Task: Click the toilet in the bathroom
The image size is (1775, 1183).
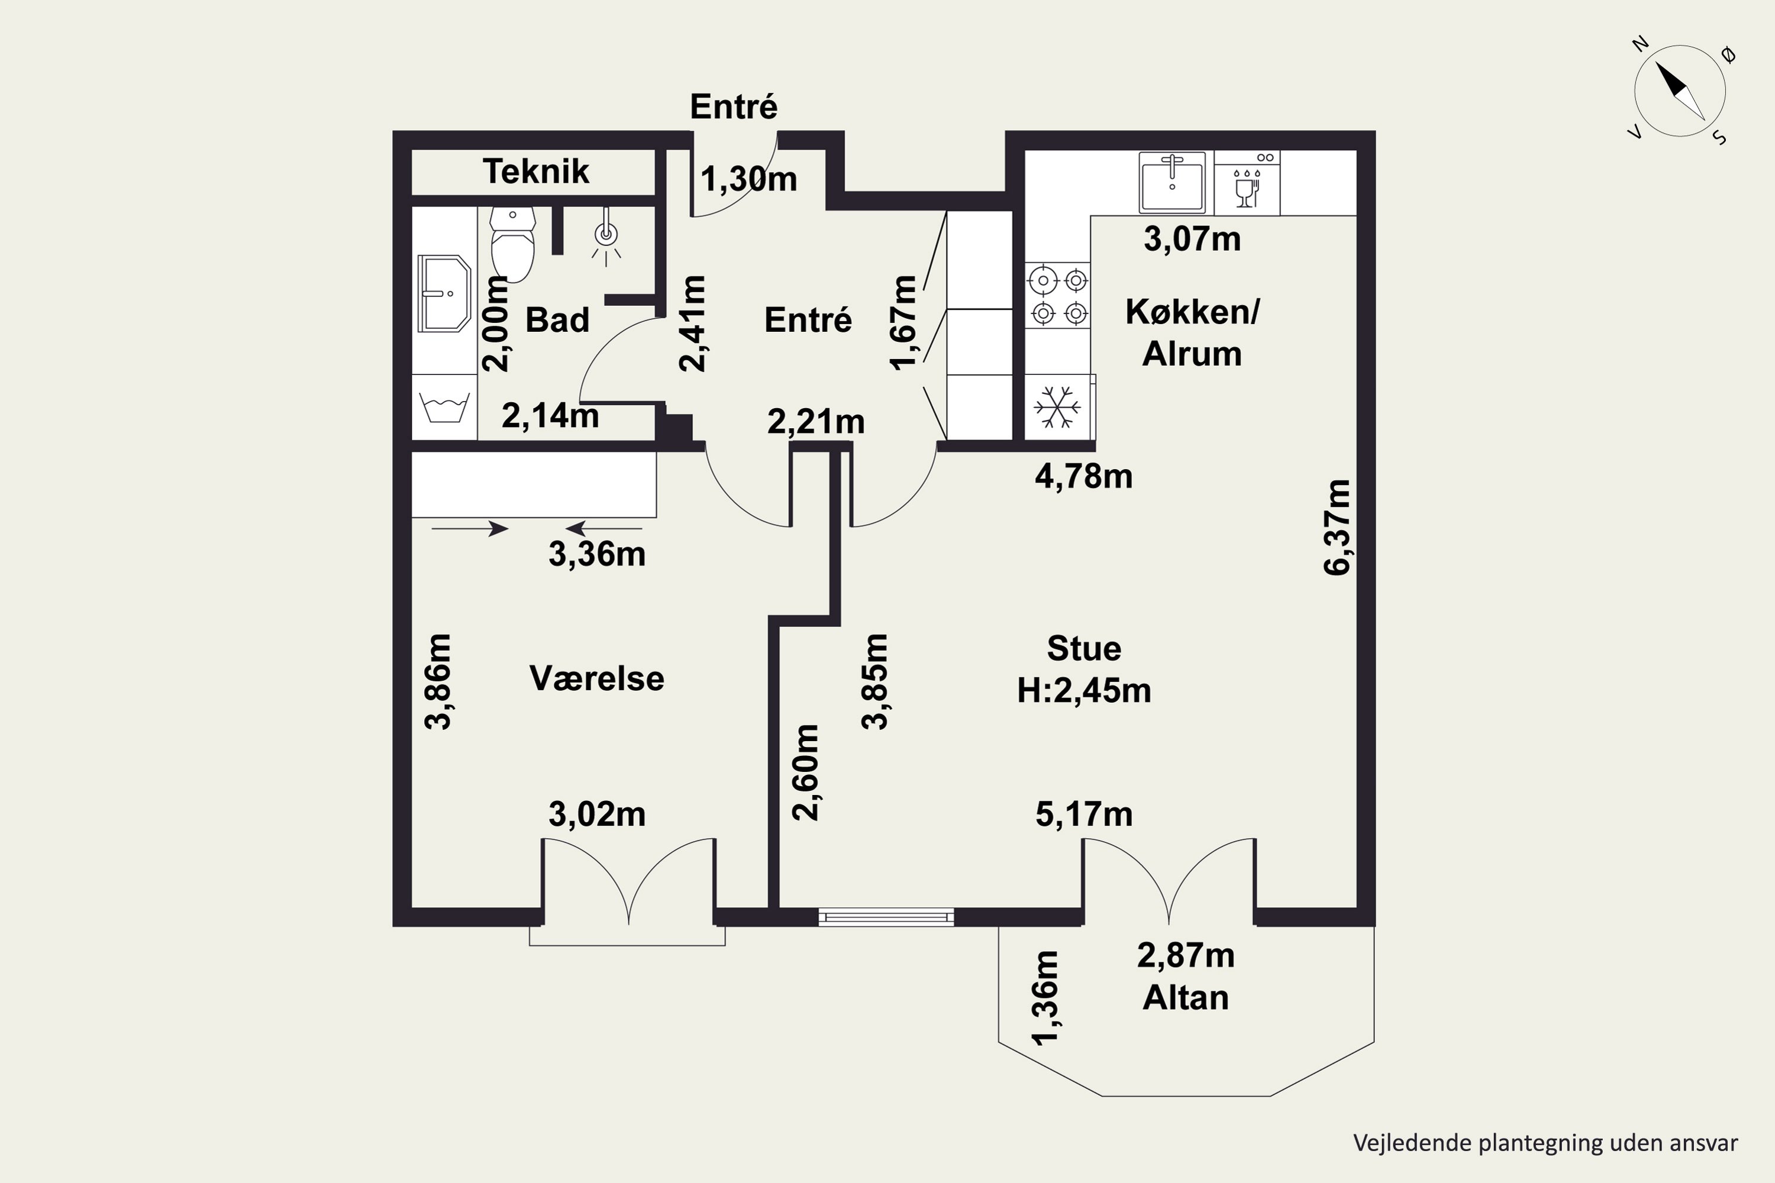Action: (512, 243)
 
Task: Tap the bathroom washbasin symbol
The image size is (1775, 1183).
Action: (444, 293)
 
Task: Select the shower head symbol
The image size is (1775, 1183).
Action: (605, 236)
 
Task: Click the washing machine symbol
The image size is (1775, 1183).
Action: (444, 408)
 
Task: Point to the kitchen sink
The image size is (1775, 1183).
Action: (1172, 181)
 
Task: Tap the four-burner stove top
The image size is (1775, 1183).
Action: (1057, 296)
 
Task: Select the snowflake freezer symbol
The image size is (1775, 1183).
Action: (1057, 408)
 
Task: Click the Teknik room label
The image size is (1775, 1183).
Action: (536, 172)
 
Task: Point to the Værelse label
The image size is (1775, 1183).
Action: (597, 678)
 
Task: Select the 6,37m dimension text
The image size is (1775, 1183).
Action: (1337, 528)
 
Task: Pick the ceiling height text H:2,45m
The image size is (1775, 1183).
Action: (1084, 691)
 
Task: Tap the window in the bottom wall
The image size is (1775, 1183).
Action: (886, 917)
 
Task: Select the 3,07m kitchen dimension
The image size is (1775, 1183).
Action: (1192, 239)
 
